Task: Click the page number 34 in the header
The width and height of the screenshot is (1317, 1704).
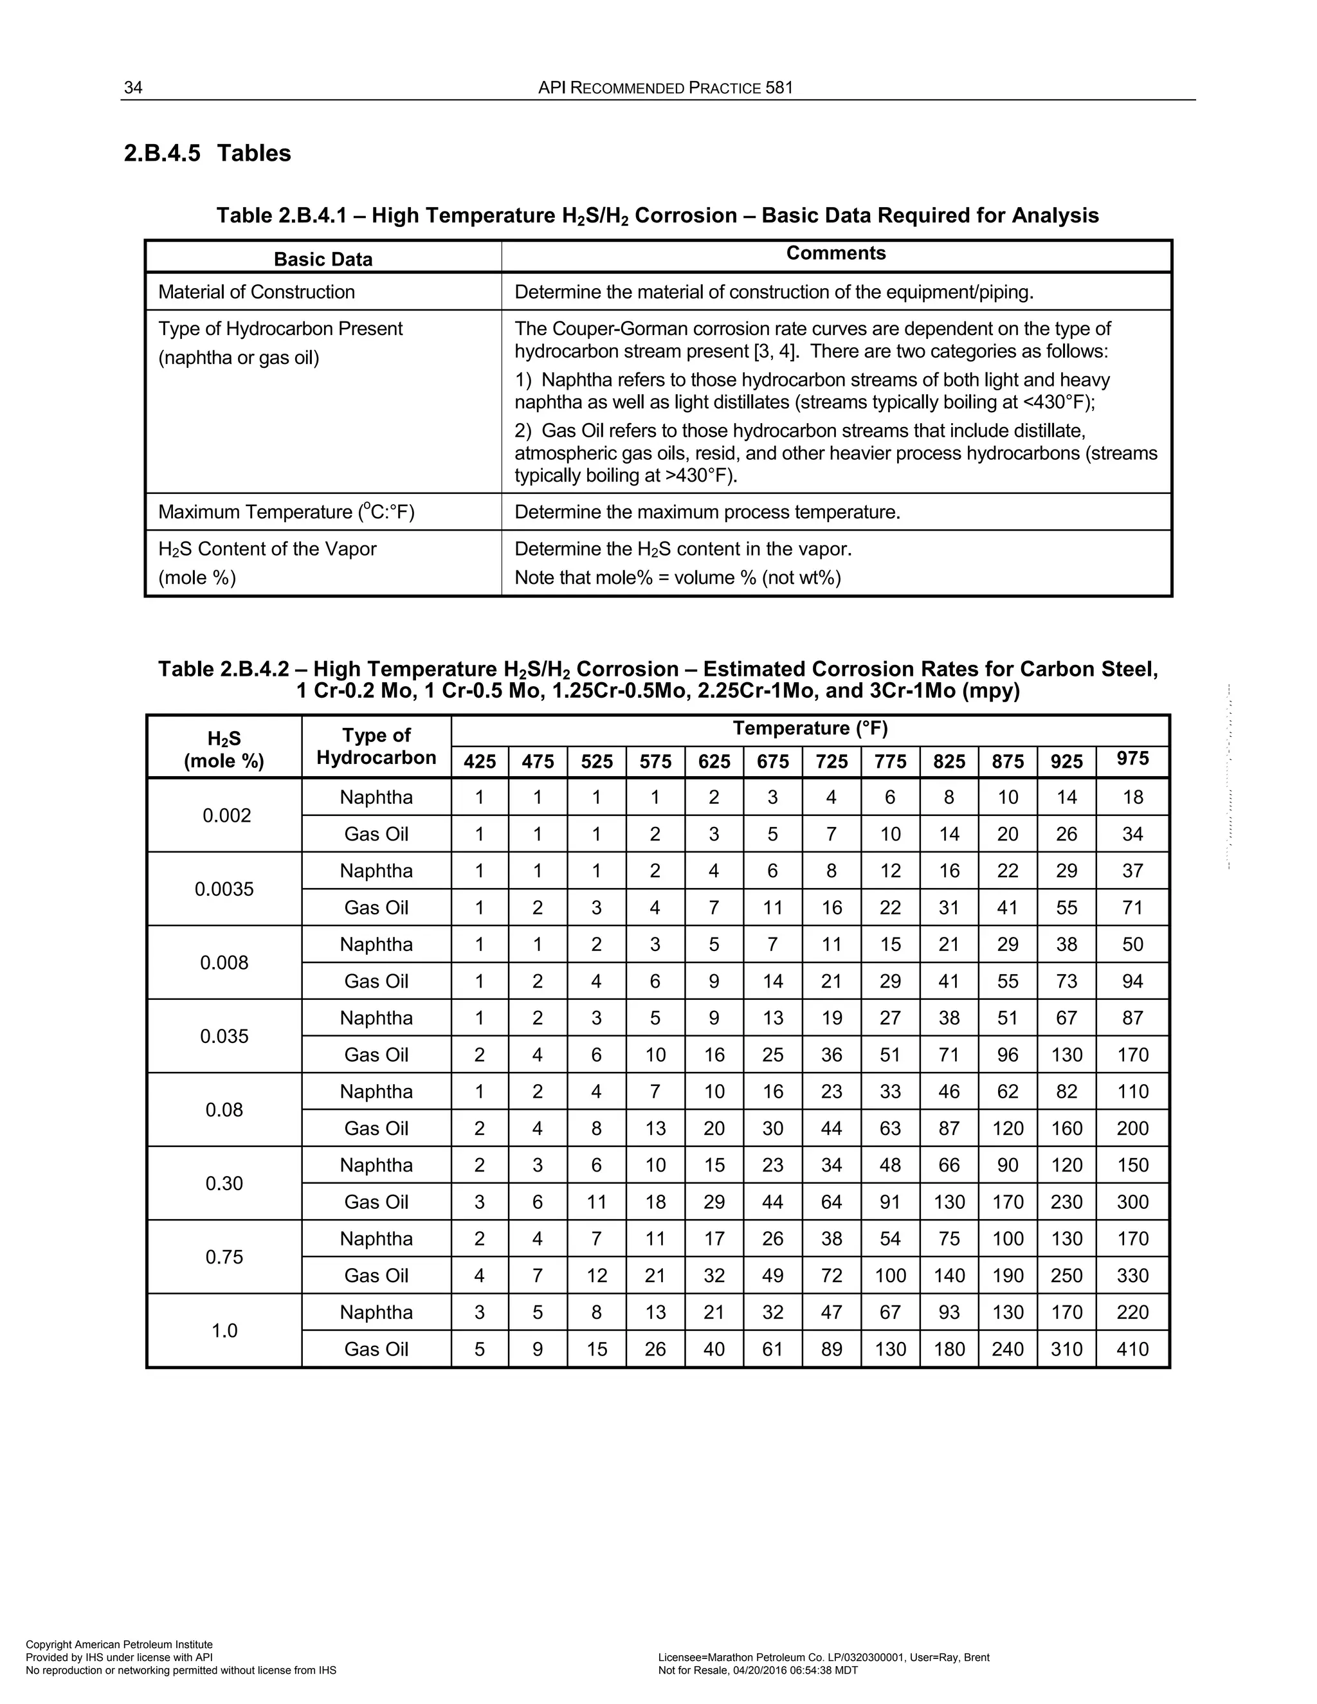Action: click(133, 87)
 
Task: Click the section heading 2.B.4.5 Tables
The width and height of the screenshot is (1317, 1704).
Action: click(207, 153)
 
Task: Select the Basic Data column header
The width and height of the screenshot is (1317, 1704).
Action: click(323, 259)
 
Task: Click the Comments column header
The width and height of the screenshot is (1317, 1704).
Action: click(835, 253)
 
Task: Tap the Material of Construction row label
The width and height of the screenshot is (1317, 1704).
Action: click(256, 292)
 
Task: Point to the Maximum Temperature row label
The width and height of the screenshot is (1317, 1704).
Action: click(286, 512)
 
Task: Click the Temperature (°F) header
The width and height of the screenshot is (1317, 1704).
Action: click(810, 728)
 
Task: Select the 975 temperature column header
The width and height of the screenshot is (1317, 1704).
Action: click(1132, 758)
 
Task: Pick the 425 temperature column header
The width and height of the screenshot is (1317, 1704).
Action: click(479, 761)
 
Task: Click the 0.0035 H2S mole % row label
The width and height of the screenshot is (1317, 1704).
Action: click(224, 889)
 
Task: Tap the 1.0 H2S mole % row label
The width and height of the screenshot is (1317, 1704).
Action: click(224, 1330)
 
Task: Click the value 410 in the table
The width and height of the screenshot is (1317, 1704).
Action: click(1132, 1349)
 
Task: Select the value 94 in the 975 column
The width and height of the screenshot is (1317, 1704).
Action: click(1132, 981)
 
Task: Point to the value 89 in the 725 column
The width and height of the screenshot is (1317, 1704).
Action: click(831, 1349)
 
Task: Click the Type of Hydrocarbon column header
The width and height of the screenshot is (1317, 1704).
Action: click(376, 746)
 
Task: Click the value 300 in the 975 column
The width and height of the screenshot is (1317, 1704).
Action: click(1132, 1202)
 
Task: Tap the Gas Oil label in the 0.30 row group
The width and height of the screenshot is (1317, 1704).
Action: click(376, 1202)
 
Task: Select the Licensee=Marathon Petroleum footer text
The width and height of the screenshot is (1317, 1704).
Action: click(823, 1657)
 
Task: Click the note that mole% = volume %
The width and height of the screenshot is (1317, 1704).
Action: click(677, 577)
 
